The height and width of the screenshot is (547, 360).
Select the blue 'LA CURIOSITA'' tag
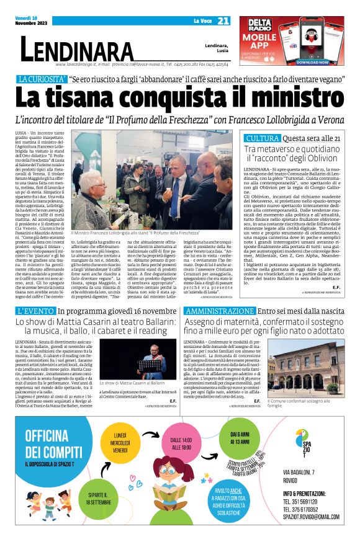[42, 80]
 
